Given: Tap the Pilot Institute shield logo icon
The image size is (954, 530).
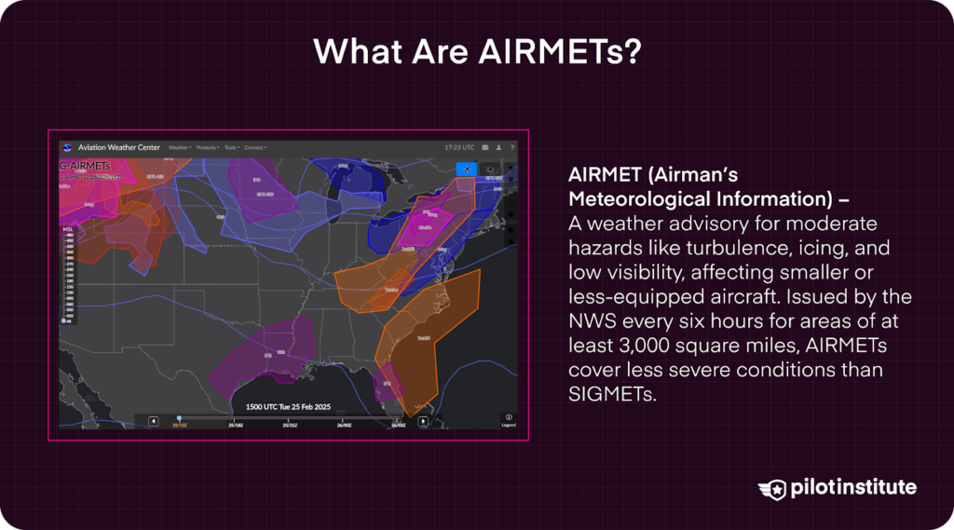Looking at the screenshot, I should [x=772, y=488].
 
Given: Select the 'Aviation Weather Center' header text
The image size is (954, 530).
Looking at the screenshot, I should [x=119, y=147].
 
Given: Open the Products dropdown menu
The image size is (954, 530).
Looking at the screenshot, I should [x=208, y=147].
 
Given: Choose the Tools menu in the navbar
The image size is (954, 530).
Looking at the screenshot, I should [x=231, y=147].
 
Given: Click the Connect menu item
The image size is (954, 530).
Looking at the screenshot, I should [x=255, y=147].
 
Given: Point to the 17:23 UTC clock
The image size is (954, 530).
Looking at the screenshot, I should [x=459, y=147].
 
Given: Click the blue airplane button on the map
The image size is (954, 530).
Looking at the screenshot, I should [x=466, y=169].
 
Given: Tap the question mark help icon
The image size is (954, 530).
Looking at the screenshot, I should [x=511, y=147].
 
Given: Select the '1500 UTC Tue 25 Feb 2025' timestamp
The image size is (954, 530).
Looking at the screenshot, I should [x=288, y=407].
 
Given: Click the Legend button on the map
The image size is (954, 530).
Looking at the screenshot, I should [x=509, y=420].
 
